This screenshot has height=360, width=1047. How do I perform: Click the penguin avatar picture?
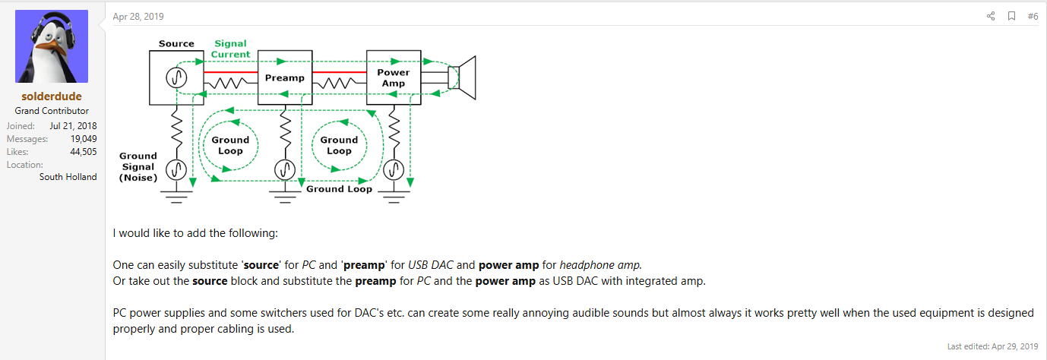click(52, 47)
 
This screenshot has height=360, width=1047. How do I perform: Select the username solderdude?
click(52, 96)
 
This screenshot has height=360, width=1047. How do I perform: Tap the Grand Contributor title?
click(52, 111)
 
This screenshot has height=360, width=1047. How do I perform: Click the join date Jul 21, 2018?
click(73, 126)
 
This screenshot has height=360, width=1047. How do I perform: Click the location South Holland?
click(68, 177)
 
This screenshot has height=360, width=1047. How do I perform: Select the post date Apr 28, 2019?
click(138, 17)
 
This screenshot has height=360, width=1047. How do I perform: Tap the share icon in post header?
click(991, 16)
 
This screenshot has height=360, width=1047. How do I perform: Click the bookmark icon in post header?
click(1011, 16)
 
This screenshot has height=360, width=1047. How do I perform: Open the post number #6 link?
click(1033, 16)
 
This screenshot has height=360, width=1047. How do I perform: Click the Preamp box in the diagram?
click(285, 77)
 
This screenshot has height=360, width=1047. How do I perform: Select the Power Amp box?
click(393, 77)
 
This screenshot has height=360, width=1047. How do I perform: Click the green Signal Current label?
click(231, 49)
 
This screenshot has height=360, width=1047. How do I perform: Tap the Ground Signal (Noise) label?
click(138, 167)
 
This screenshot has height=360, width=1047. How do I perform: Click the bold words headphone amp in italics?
click(600, 265)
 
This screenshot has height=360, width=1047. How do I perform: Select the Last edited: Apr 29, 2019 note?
click(992, 346)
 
